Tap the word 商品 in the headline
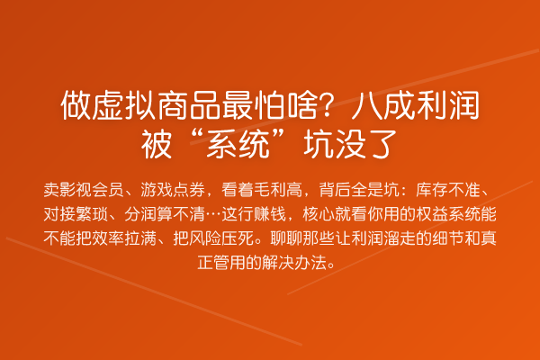point(189,105)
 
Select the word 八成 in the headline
point(383,105)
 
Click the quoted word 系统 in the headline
point(238,144)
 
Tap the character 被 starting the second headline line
point(157,144)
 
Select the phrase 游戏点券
point(173,190)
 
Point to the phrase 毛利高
point(278,190)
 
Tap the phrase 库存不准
point(448,190)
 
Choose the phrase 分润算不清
point(165,214)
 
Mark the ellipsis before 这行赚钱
point(213,214)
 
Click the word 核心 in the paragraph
point(319,214)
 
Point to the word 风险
point(205,238)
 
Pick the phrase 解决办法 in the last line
point(294,263)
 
